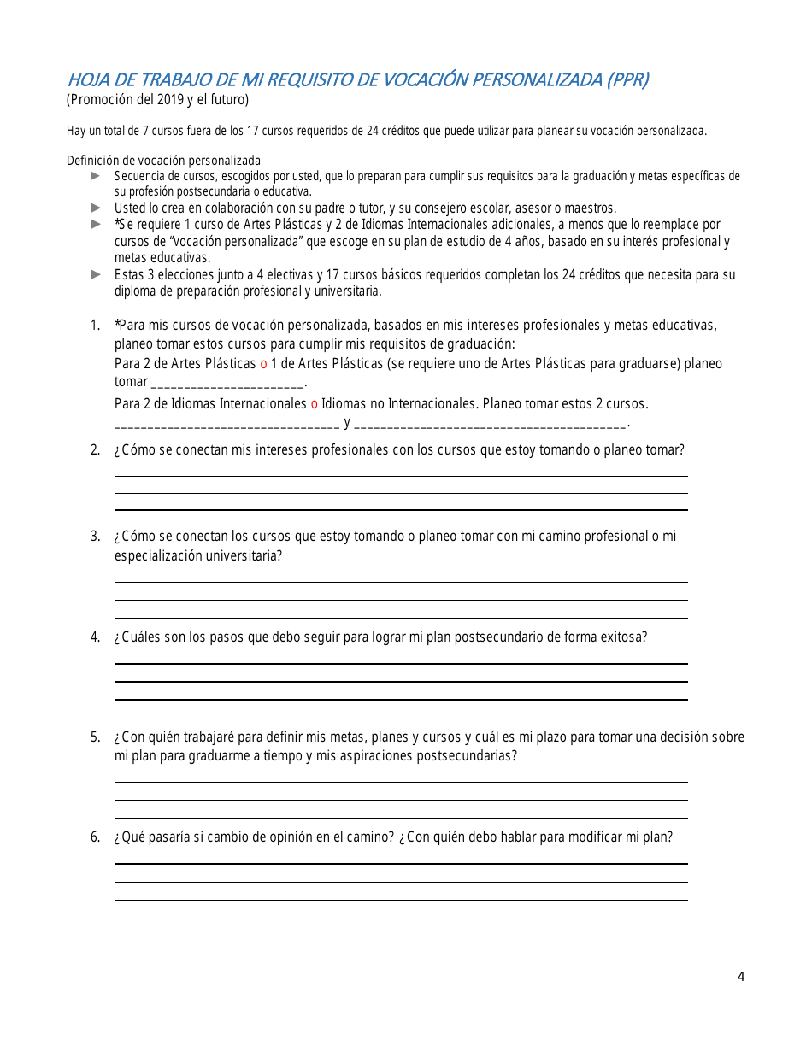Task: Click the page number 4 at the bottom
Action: [741, 977]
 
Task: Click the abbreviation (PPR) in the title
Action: [627, 80]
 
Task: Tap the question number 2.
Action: [96, 450]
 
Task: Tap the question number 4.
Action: [96, 637]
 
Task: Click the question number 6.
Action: [96, 837]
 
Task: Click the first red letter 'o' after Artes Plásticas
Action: [263, 364]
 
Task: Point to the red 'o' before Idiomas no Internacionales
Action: [314, 403]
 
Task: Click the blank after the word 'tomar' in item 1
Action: [227, 383]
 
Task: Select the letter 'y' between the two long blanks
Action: [347, 422]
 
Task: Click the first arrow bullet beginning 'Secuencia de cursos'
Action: [96, 175]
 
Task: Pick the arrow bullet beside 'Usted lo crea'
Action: [96, 208]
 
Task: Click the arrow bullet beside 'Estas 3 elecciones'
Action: [96, 275]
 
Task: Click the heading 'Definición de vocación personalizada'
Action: [163, 161]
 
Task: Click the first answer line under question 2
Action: [400, 476]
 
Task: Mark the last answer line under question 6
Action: [400, 900]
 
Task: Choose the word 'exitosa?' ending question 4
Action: [624, 637]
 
